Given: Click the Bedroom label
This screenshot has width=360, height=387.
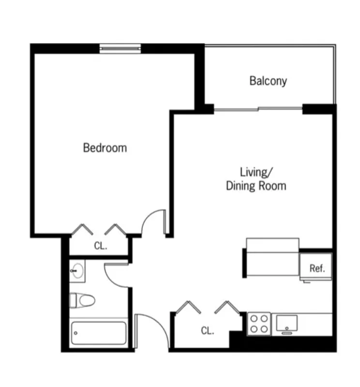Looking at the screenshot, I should [105, 148].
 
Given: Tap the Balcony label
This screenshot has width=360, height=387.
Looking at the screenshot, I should [268, 81].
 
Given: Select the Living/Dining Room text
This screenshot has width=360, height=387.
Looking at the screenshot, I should [256, 179].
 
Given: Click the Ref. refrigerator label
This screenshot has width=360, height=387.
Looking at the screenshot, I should [317, 268].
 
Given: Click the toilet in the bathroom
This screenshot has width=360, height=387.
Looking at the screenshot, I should [81, 301].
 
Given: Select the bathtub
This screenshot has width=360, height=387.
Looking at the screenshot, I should [98, 333].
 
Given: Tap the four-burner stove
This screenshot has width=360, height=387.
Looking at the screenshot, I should [259, 324].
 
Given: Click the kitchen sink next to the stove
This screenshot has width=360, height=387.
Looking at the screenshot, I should [287, 323].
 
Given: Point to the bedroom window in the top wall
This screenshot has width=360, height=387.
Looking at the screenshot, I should [120, 48].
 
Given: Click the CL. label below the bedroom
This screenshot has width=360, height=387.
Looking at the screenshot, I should [100, 246].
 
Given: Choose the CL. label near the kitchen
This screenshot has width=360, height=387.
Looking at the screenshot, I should [208, 331].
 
